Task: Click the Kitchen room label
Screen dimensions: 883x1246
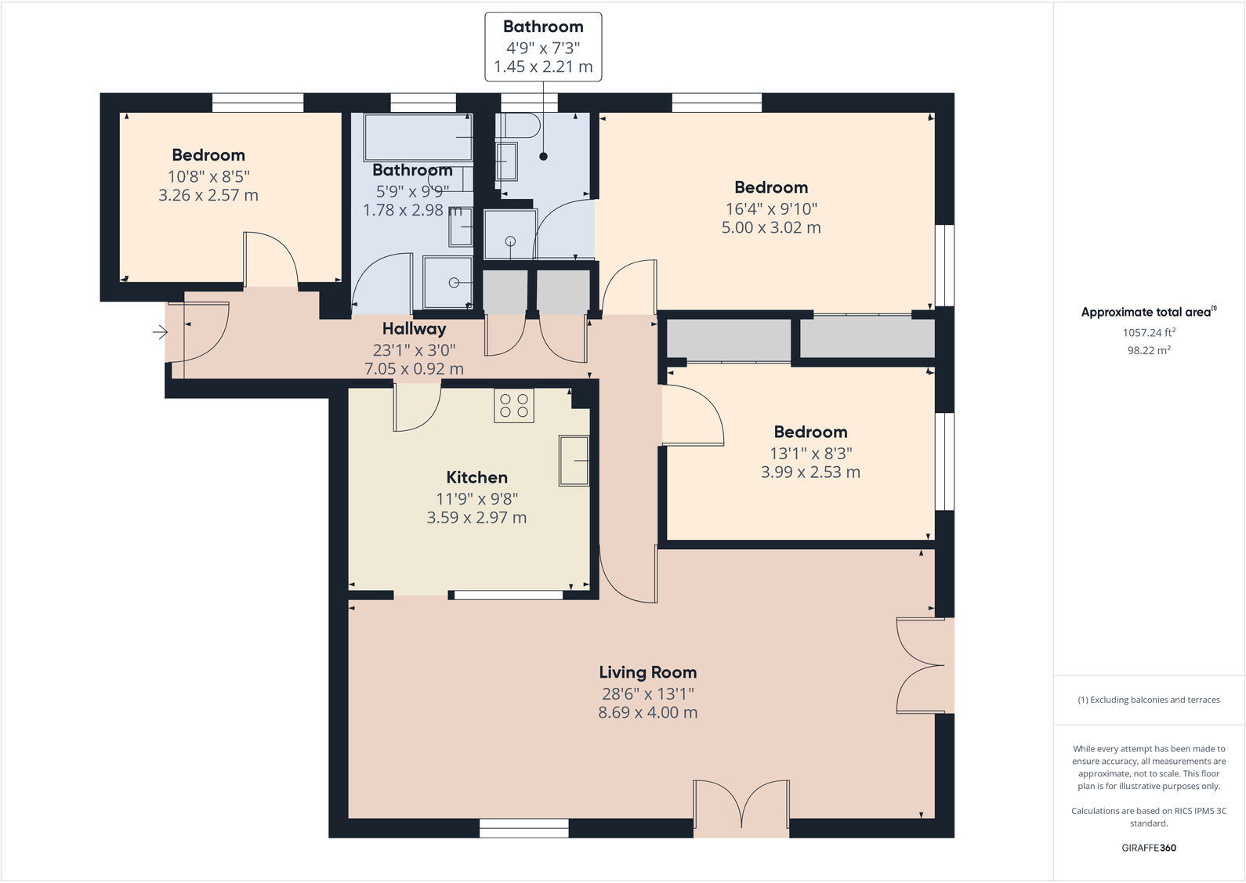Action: pos(476,477)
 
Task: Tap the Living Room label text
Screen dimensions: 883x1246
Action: pos(647,672)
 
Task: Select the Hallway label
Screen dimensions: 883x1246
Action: pos(414,329)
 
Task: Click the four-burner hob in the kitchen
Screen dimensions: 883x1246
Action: pos(514,406)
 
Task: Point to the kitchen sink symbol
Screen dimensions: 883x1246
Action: pos(574,461)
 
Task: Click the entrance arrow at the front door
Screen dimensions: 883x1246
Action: pos(160,333)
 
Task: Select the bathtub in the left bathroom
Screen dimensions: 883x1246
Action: pos(418,137)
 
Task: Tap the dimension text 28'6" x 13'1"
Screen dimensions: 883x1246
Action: pos(647,693)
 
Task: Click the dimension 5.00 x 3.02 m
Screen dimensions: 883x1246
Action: pos(771,228)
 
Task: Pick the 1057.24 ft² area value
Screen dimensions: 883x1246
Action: pos(1148,332)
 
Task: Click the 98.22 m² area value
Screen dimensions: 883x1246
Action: pos(1148,350)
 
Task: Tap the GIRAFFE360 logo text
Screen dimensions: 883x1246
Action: pos(1148,848)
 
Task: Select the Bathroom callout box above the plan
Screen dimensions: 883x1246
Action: pos(543,46)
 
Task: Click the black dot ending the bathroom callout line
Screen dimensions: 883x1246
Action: pos(543,157)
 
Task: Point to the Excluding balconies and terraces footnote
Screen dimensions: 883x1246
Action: pos(1148,700)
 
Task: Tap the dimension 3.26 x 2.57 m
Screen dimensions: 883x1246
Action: pos(208,196)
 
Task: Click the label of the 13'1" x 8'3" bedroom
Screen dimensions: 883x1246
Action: pos(810,432)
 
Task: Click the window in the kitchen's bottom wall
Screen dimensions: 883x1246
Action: pos(509,595)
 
